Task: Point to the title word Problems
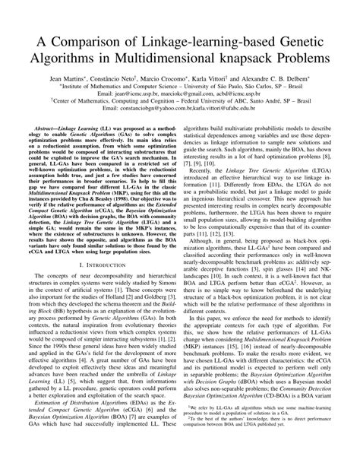click(312, 57)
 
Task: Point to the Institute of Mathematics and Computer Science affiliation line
click(180, 88)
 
